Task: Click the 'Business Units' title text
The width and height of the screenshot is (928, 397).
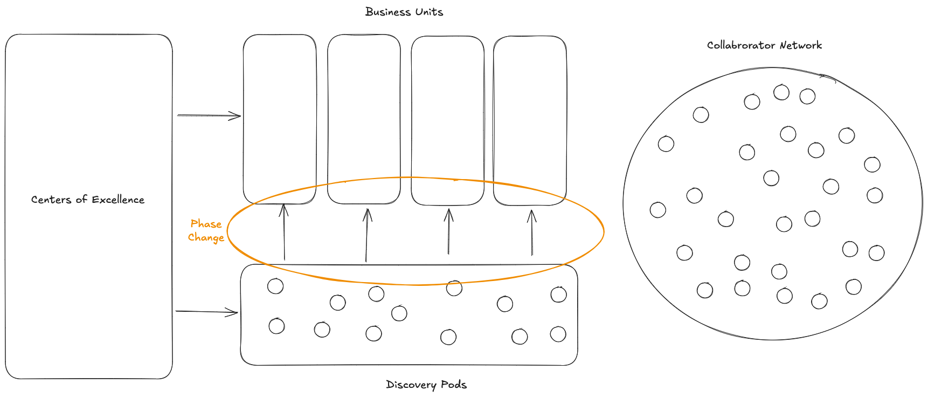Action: [x=404, y=12]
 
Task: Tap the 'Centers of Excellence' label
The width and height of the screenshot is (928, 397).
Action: [x=88, y=200]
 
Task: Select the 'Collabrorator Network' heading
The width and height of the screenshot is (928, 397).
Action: [x=764, y=45]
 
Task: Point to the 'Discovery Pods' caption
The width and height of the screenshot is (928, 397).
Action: [x=426, y=385]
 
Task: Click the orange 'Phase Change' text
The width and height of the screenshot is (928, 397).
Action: [x=206, y=231]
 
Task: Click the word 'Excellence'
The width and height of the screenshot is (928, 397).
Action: [x=118, y=200]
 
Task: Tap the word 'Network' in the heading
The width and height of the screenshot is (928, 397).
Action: [x=801, y=45]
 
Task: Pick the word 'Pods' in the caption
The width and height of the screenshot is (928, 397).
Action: [x=453, y=385]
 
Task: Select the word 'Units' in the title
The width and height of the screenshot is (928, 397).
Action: [x=429, y=12]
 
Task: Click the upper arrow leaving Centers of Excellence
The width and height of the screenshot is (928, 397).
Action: [x=209, y=115]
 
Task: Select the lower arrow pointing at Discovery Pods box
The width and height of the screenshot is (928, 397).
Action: [x=207, y=311]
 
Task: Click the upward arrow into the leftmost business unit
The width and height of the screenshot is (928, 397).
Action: [x=284, y=232]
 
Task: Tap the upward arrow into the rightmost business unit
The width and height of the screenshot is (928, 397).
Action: [x=532, y=232]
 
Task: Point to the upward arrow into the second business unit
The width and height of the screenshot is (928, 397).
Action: [x=367, y=235]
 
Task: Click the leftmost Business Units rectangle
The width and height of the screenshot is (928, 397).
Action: [x=280, y=119]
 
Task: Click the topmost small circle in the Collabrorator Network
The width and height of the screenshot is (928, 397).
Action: [x=781, y=92]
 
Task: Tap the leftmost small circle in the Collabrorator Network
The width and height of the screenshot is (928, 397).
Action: [x=658, y=210]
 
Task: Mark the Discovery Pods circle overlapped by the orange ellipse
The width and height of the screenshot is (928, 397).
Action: [x=454, y=288]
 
